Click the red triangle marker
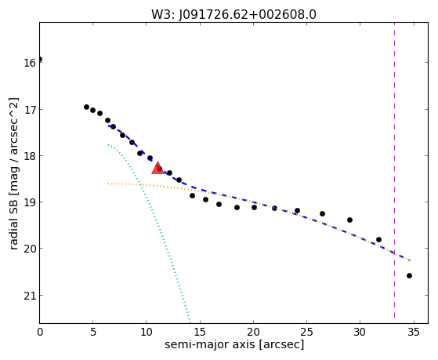click(157, 168)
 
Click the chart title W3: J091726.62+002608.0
click(233, 15)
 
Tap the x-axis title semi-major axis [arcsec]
click(234, 344)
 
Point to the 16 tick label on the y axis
click(30, 63)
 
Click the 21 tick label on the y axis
click(30, 296)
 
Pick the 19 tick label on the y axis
click(30, 202)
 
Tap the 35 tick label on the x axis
click(414, 332)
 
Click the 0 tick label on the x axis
click(40, 332)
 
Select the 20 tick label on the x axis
click(253, 332)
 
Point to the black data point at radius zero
click(40, 59)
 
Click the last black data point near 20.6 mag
click(409, 276)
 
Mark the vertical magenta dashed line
click(394, 170)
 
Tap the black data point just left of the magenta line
click(378, 239)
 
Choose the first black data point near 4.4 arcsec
click(87, 107)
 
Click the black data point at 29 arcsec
click(349, 220)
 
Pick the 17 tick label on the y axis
click(30, 109)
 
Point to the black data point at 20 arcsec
click(254, 207)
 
